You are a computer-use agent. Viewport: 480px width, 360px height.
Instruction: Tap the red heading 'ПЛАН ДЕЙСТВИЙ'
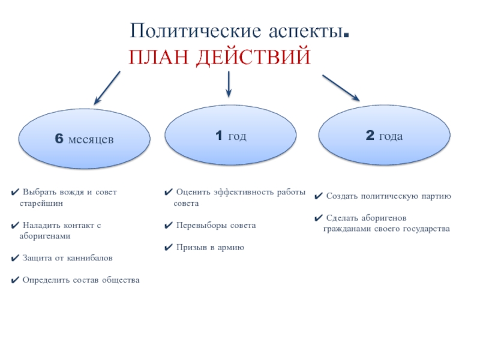pyautogui.click(x=220, y=58)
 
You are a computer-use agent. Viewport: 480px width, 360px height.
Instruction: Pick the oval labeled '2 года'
pyautogui.click(x=384, y=137)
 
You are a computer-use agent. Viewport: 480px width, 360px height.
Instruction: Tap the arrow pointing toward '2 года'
pyautogui.click(x=340, y=88)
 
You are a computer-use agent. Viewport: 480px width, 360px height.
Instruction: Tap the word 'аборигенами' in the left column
pyautogui.click(x=45, y=236)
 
